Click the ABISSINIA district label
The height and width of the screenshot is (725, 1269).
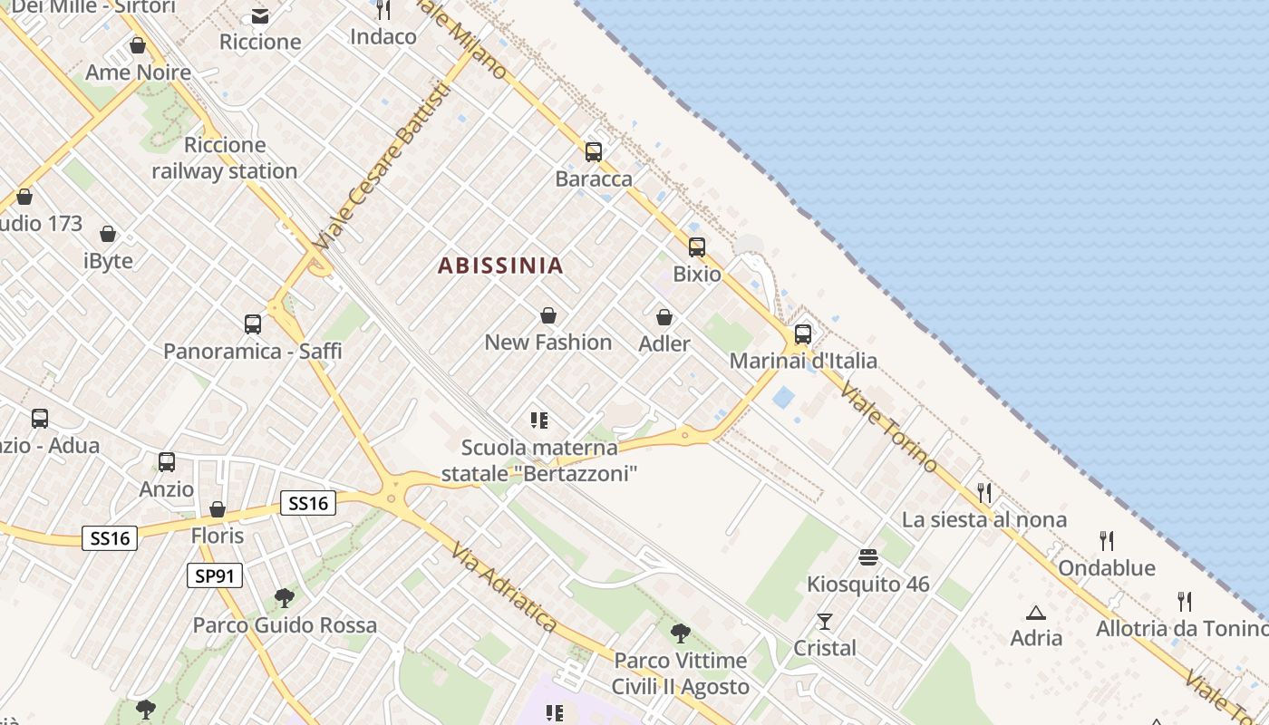[x=500, y=266]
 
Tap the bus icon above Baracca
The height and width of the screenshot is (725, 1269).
[x=594, y=152]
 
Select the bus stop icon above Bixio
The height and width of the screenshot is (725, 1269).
[x=696, y=246]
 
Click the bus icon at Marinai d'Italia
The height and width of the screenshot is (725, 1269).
[x=803, y=333]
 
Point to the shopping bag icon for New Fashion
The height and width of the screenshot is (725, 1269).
[x=548, y=315]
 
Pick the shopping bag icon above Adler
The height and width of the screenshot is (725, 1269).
[x=664, y=317]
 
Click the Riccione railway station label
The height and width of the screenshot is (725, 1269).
[x=225, y=158]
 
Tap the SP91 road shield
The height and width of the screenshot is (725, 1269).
[x=215, y=575]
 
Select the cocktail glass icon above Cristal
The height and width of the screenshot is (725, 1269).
[x=825, y=622]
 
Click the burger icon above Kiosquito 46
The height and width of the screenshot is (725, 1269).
[x=868, y=557]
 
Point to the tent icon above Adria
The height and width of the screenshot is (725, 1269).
[x=1036, y=613]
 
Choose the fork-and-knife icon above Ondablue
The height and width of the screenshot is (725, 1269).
[x=1107, y=541]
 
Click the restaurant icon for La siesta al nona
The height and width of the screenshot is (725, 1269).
[x=984, y=493]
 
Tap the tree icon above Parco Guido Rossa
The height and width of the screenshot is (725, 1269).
[x=285, y=598]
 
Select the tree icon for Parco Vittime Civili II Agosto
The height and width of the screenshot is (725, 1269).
[x=680, y=633]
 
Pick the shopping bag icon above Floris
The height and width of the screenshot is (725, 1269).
[x=218, y=509]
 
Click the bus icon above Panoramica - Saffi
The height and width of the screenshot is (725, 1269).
[x=253, y=324]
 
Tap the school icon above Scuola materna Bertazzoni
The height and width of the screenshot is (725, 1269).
[x=540, y=420]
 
